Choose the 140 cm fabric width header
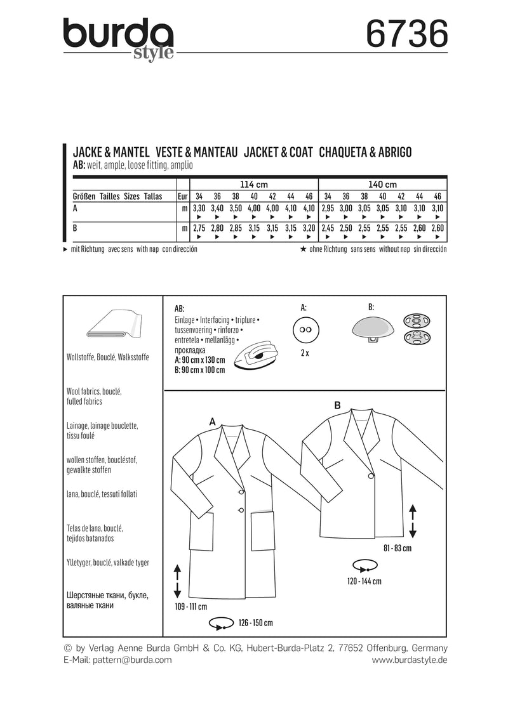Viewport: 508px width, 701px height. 382,184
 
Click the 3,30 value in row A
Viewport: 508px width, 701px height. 199,207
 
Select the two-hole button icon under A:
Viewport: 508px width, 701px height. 304,331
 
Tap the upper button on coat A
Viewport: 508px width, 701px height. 241,491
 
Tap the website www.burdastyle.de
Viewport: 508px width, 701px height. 410,660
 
